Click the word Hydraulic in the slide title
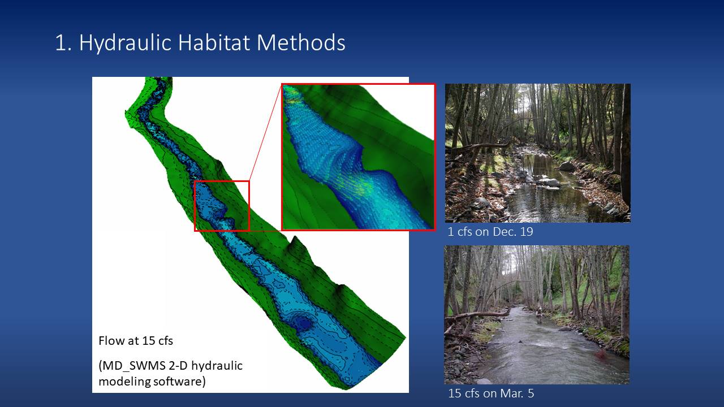point(125,42)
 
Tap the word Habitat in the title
point(214,42)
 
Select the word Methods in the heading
point(301,42)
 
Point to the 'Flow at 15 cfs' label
point(136,341)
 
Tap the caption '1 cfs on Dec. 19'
point(490,232)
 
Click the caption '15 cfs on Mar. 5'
point(491,393)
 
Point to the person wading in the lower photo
point(538,315)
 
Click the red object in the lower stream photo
point(601,355)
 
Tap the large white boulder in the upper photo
point(548,182)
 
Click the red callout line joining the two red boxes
point(266,132)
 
